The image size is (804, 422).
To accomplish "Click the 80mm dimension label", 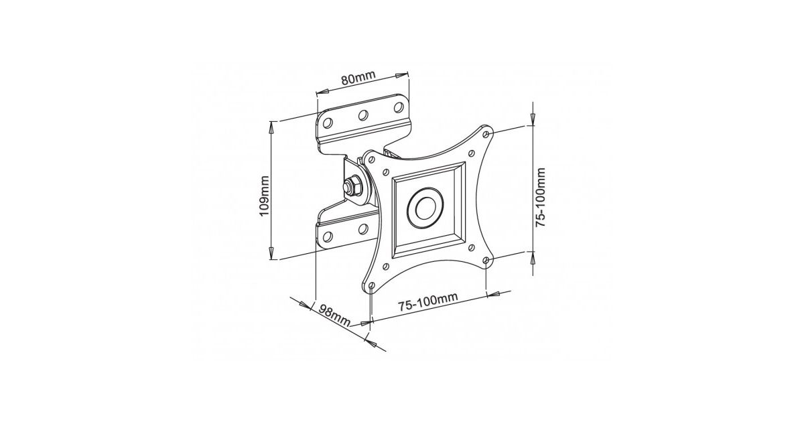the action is tap(358, 78).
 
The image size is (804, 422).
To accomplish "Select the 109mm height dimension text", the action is tap(265, 196).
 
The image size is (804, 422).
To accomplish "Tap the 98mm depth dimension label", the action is tap(334, 315).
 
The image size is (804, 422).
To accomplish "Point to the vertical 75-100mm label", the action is tap(540, 197).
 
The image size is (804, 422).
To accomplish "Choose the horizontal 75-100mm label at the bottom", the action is tap(428, 302).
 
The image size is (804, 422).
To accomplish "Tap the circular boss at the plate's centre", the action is tap(425, 208).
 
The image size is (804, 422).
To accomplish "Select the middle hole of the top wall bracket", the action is tap(363, 115).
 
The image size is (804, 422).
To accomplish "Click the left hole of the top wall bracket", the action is tap(328, 123).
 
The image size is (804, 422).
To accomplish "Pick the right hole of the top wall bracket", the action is tap(399, 107).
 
